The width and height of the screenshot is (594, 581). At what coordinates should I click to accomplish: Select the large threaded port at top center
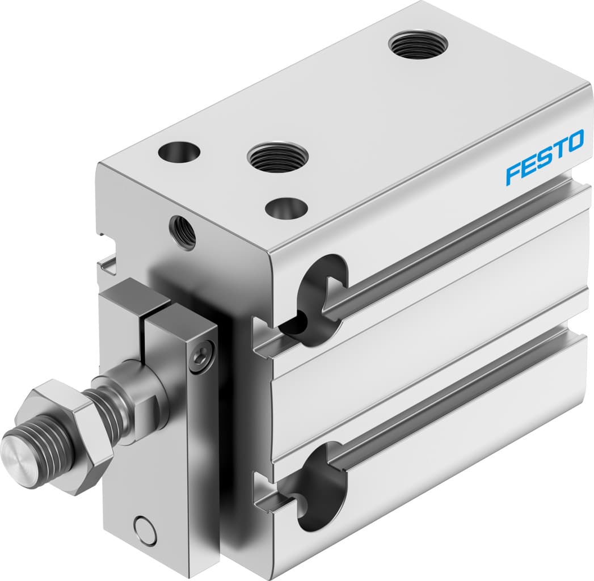278,156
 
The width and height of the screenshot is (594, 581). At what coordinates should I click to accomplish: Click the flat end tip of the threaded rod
17,452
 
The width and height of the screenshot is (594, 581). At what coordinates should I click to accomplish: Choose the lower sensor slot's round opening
321,488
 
